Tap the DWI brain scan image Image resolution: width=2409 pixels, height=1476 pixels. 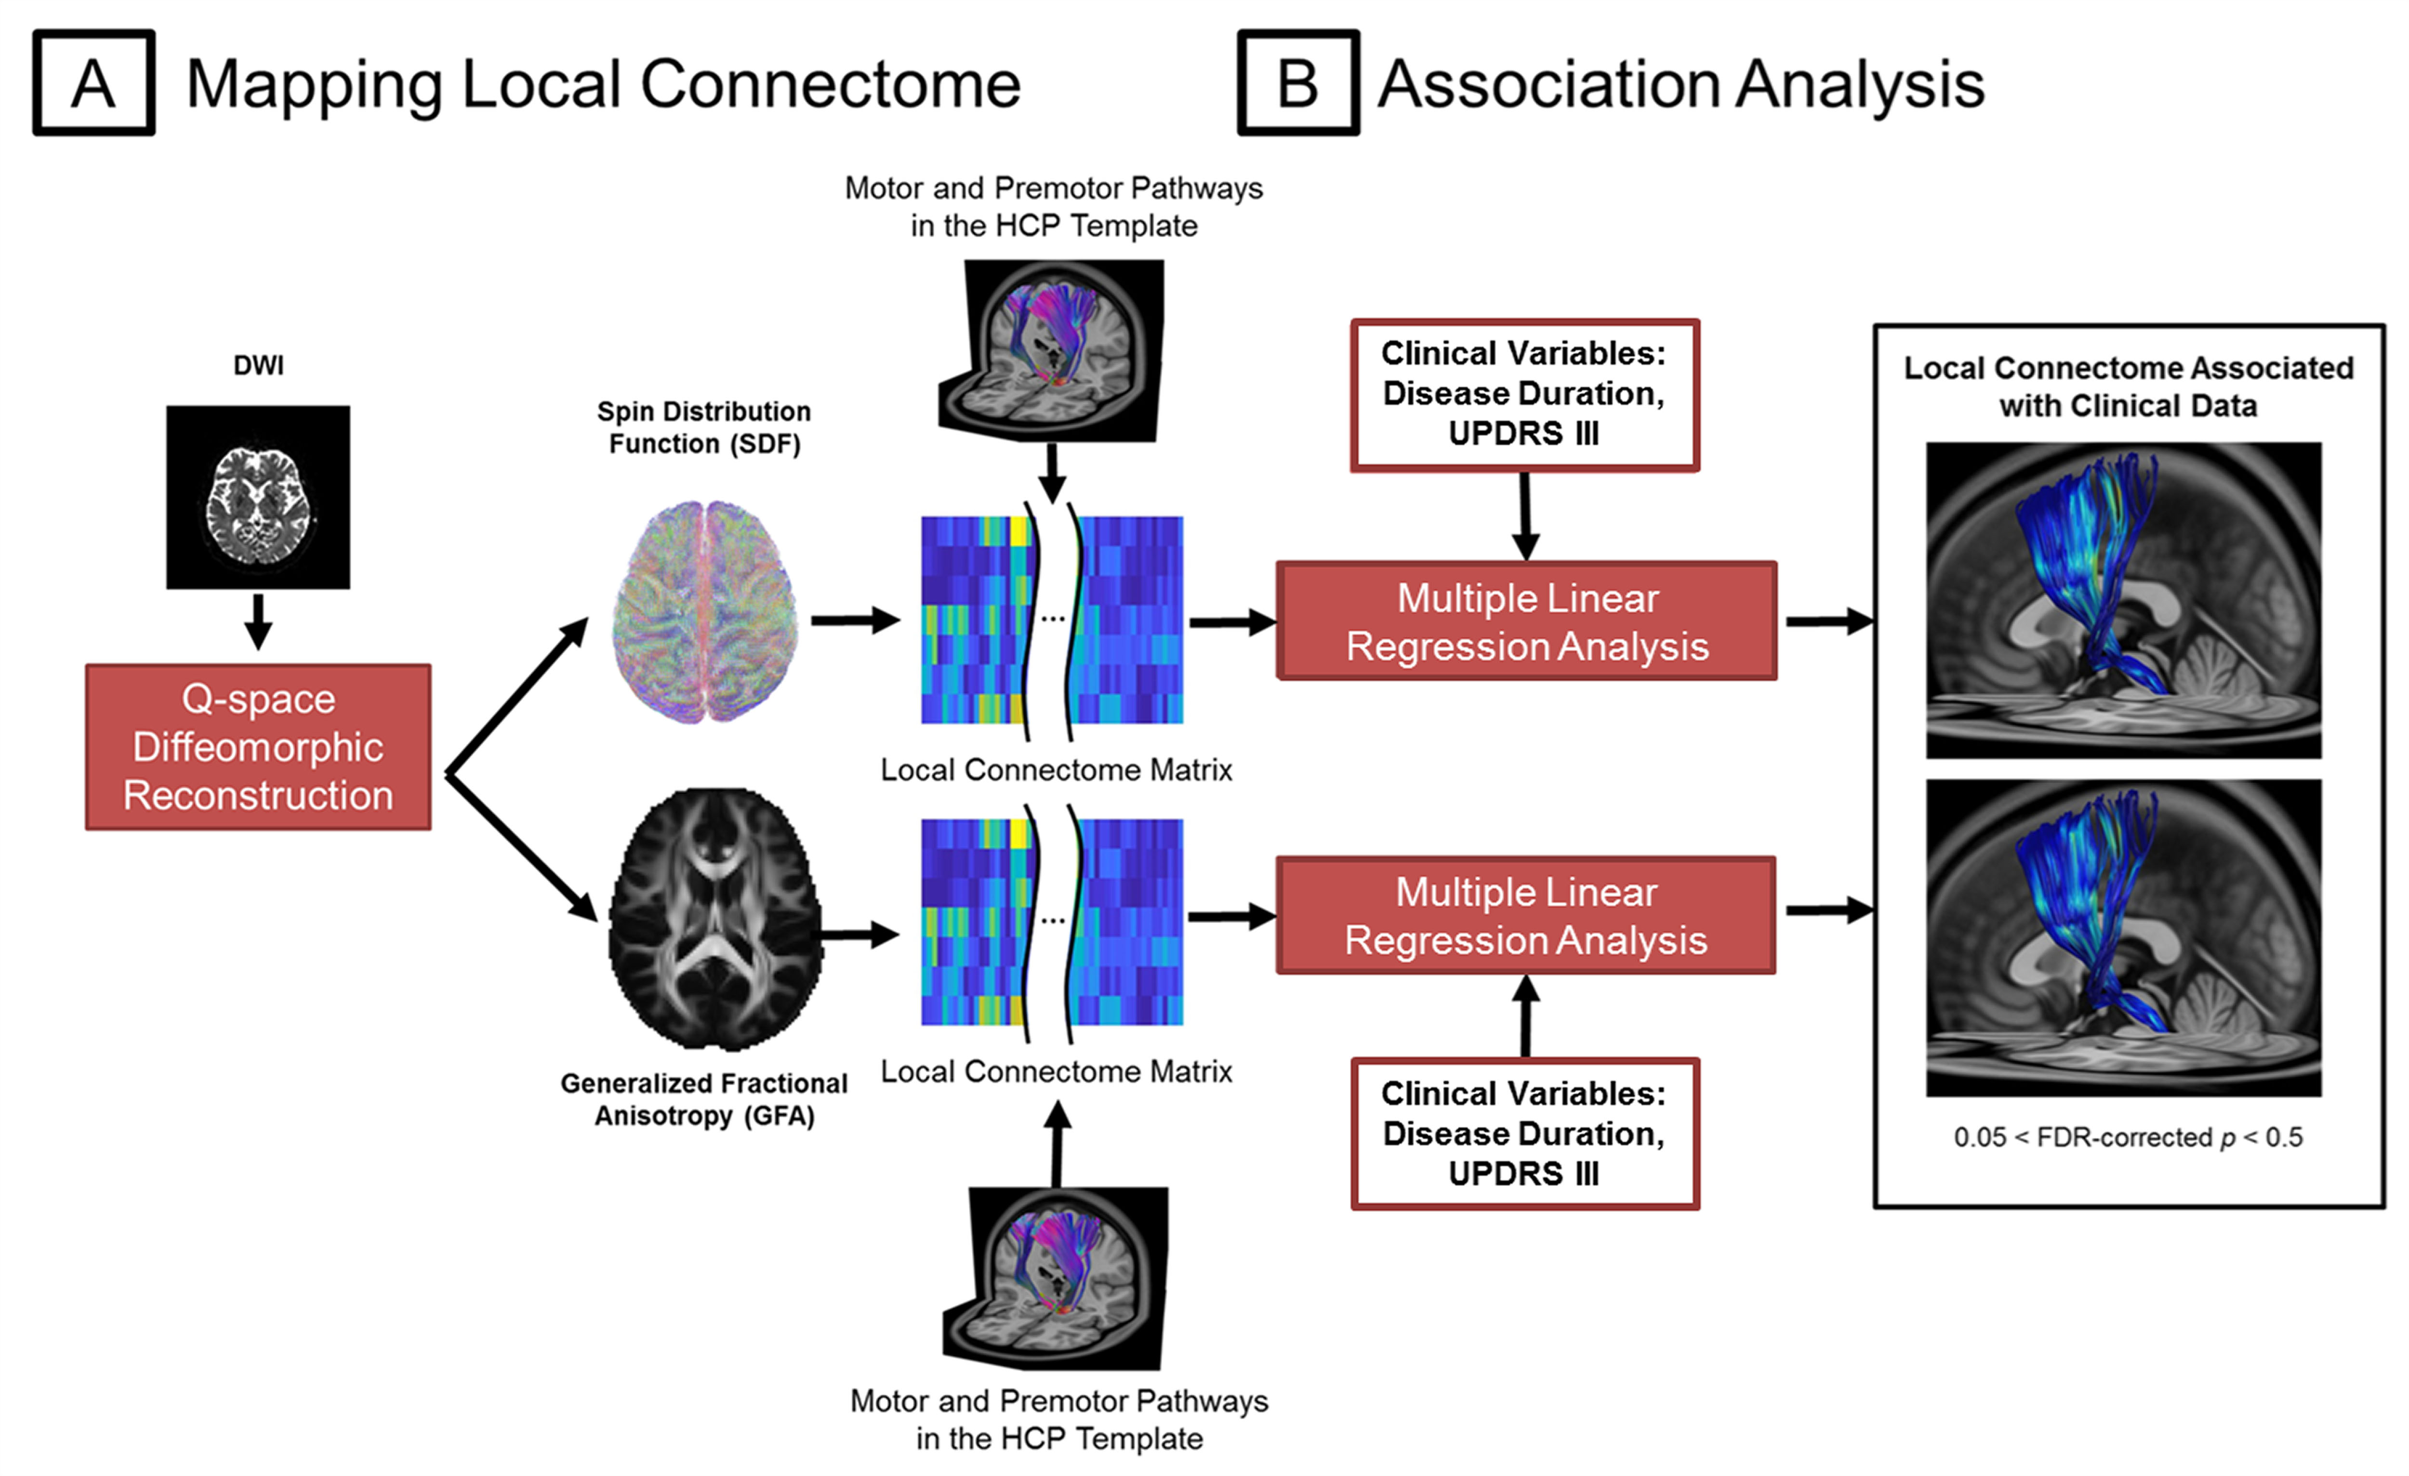258,497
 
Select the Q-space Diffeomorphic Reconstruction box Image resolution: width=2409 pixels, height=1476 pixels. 258,747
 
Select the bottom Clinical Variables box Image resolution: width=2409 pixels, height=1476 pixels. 1524,1134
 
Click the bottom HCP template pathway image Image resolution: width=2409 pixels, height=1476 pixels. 1056,1278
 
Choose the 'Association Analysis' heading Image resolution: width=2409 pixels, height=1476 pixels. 1681,84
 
